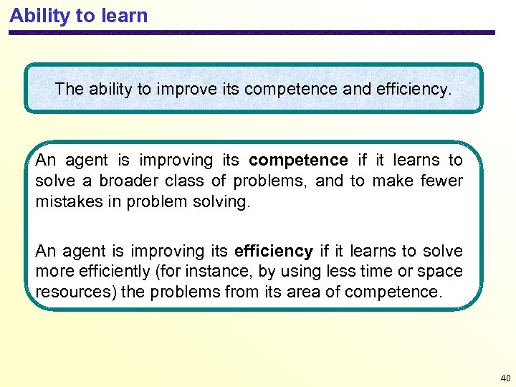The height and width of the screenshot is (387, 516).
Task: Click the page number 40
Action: [505, 377]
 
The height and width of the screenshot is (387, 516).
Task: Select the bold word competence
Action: [298, 160]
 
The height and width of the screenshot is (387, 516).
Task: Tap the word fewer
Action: [443, 181]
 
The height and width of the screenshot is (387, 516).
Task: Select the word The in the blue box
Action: [69, 90]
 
